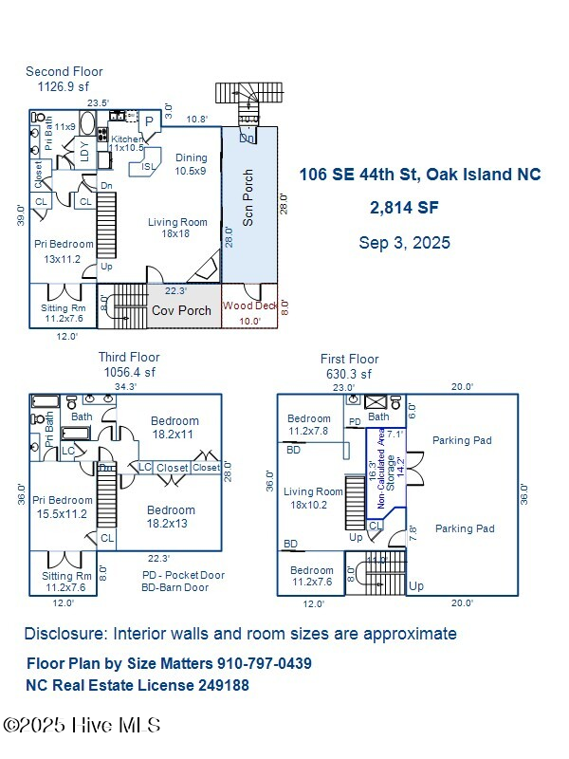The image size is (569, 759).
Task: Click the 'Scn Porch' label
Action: click(248, 202)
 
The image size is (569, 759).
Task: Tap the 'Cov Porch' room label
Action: click(182, 310)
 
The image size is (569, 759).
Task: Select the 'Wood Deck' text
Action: click(249, 305)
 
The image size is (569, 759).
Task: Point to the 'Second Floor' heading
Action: click(64, 71)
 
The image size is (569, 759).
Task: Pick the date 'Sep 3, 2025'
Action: click(404, 243)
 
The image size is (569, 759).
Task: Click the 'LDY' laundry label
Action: click(84, 151)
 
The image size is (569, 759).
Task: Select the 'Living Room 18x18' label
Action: click(177, 228)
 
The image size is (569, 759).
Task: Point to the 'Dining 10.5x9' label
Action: click(191, 164)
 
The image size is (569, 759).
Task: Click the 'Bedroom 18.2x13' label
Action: click(172, 516)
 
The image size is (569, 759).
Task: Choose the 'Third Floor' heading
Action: click(130, 357)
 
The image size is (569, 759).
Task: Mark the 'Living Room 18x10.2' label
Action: click(313, 498)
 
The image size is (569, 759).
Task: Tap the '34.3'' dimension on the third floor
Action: click(125, 386)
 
